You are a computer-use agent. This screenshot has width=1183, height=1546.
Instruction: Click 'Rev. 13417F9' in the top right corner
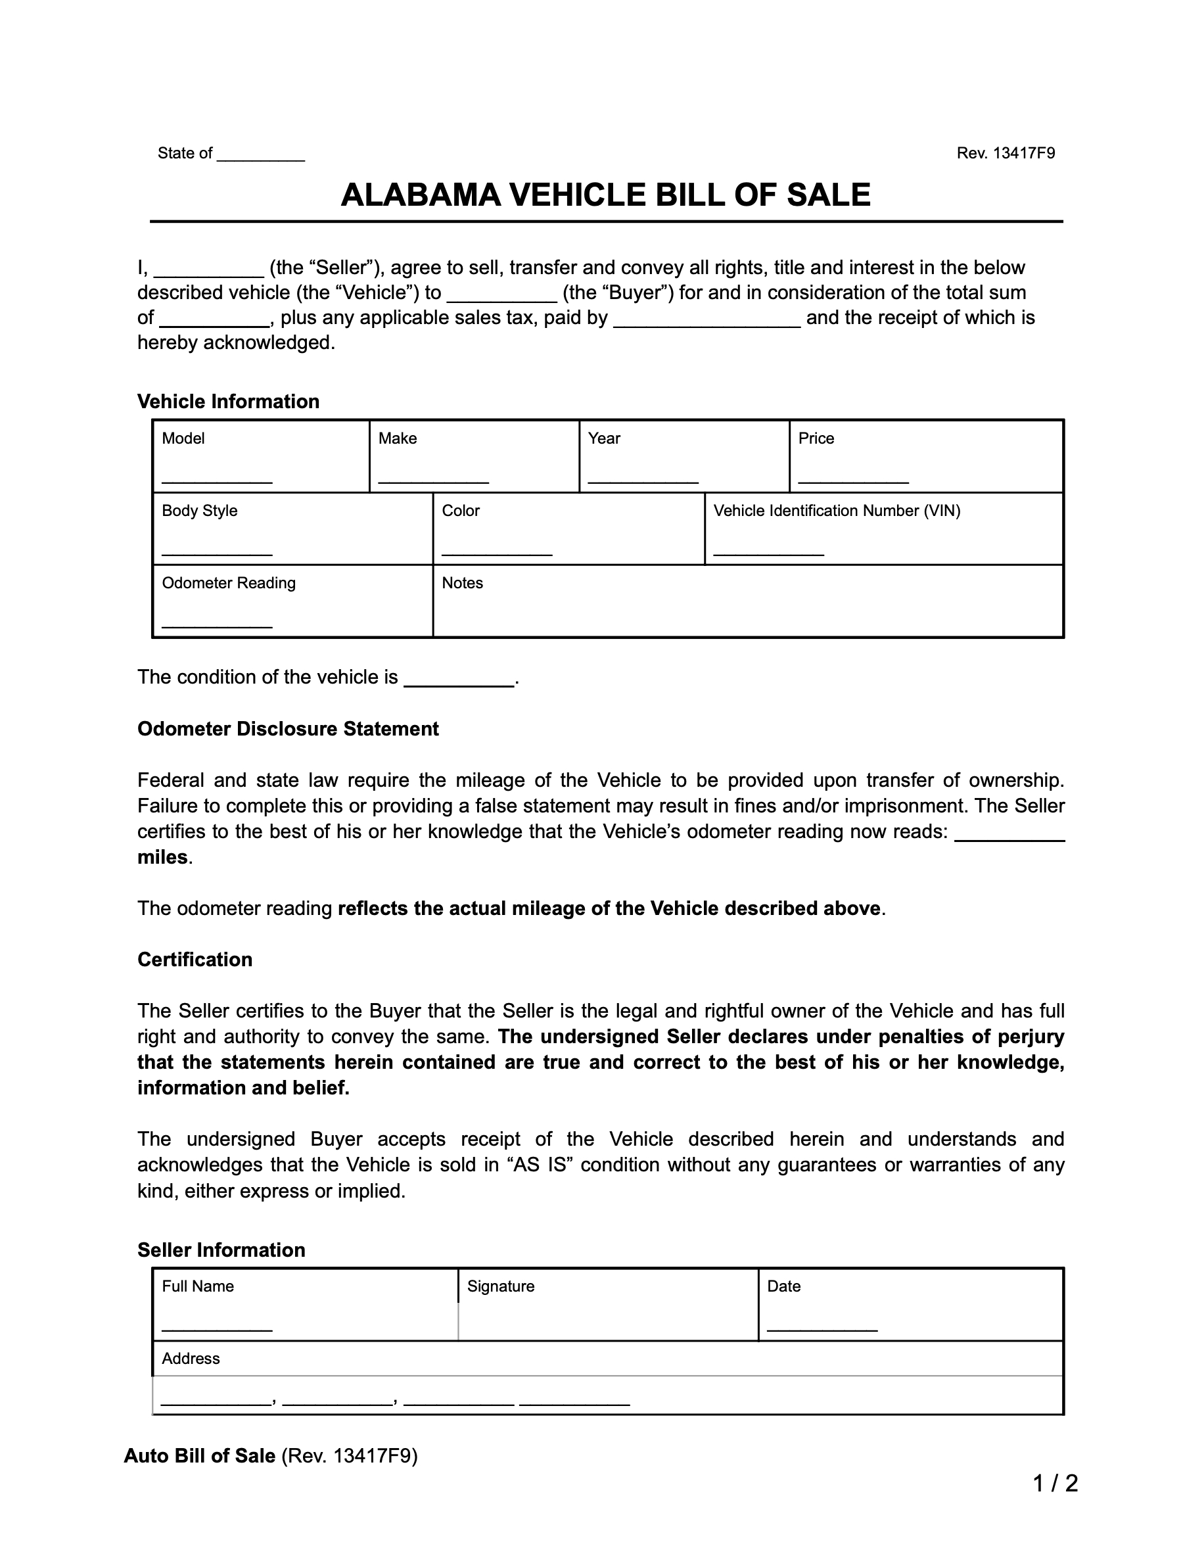(1005, 153)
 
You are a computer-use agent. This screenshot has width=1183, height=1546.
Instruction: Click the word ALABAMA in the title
(420, 195)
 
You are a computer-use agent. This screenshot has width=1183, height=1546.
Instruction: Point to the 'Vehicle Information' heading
(228, 402)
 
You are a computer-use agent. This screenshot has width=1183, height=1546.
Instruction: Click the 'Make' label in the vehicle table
(397, 438)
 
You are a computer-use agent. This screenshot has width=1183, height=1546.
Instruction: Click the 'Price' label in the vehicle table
(816, 438)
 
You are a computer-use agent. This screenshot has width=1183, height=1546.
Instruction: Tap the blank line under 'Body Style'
(217, 551)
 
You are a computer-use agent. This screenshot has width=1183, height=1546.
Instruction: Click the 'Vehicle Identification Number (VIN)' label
(837, 511)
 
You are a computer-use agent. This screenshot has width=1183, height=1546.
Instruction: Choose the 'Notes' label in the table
(462, 582)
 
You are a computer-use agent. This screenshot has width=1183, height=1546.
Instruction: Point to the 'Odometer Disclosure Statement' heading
(287, 729)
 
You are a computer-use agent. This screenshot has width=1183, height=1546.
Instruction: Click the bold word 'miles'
(162, 857)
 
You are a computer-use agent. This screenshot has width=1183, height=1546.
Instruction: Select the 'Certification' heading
(195, 959)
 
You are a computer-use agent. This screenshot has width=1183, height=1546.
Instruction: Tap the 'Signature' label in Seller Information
(501, 1286)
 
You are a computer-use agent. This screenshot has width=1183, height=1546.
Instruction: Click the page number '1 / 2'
(1055, 1484)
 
